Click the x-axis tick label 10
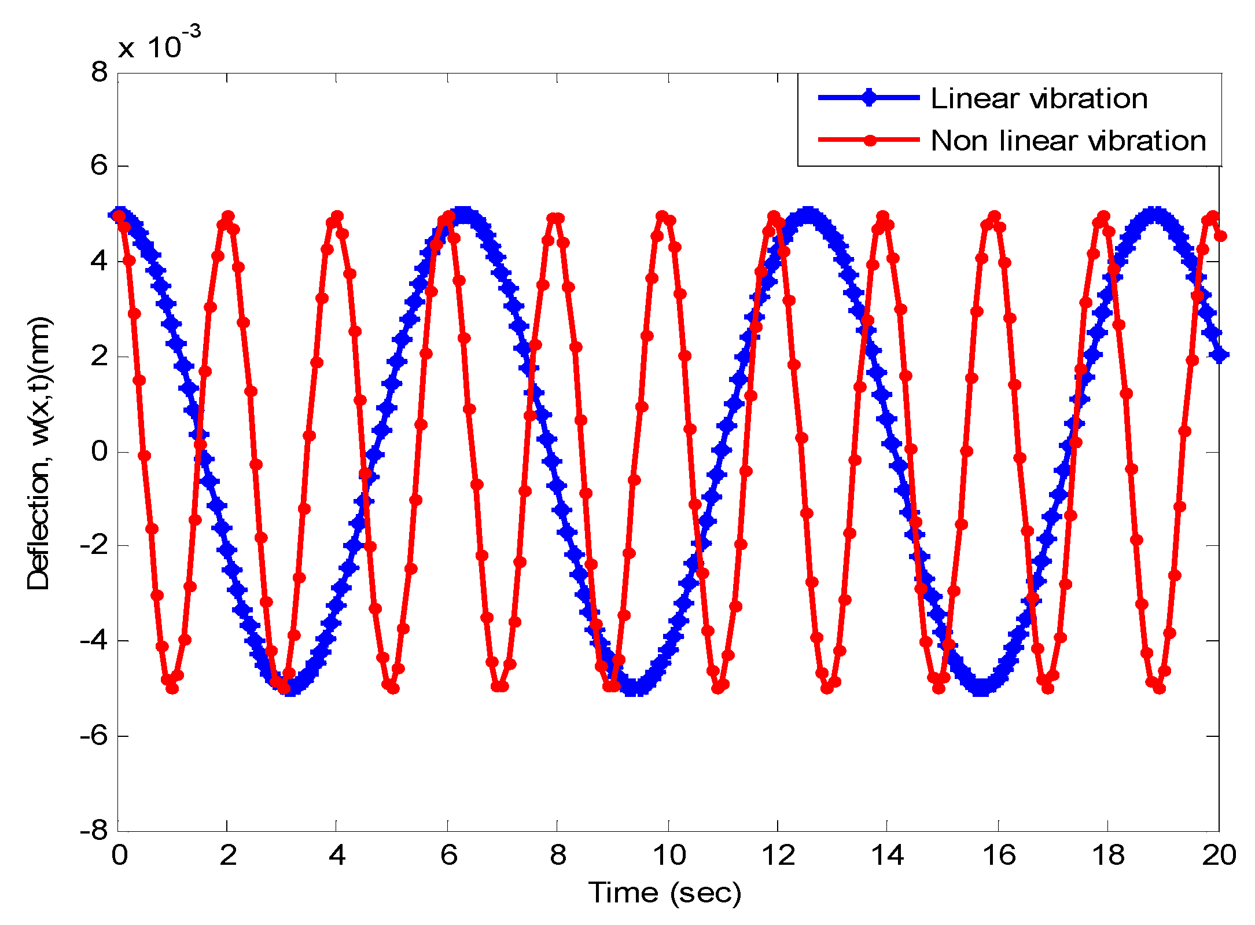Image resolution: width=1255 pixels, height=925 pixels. pos(669,856)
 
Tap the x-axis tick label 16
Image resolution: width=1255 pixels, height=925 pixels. pos(999,856)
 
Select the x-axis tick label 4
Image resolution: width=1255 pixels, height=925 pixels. pos(337,856)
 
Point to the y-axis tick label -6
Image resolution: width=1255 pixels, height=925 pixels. pos(94,736)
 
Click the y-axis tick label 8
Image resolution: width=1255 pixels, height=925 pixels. pos(100,73)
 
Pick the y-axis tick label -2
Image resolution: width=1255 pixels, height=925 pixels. pos(94,546)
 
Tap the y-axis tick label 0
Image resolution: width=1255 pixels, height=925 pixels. pos(100,452)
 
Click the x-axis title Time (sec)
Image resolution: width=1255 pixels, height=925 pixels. pos(665,893)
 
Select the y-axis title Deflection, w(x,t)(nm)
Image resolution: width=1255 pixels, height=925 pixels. pos(39,453)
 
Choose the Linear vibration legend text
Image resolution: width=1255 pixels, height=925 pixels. pos(1039,98)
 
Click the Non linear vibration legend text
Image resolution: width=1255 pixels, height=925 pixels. pos(1068,141)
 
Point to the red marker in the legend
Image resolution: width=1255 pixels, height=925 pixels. pos(869,140)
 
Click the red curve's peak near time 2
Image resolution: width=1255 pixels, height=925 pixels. pos(228,216)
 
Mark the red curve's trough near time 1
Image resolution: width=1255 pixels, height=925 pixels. pos(172,688)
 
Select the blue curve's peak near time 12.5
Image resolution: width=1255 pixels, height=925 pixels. pos(808,214)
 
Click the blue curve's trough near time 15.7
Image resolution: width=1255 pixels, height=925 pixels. pos(981,689)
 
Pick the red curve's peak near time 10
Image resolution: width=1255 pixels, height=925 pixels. pos(663,216)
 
